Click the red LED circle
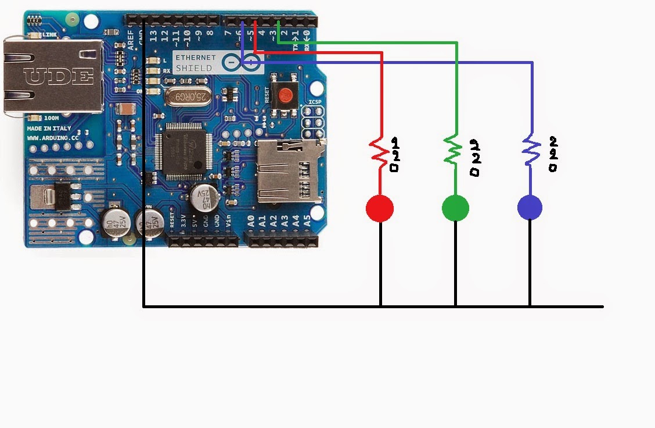click(x=380, y=208)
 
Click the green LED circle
click(x=455, y=208)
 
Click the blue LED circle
click(x=530, y=208)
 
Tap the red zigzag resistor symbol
click(x=380, y=151)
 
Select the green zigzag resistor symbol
click(x=453, y=149)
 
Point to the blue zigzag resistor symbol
click(x=530, y=149)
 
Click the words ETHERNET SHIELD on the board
click(x=196, y=63)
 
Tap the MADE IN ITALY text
click(x=49, y=129)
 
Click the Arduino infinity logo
click(x=243, y=62)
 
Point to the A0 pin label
click(x=251, y=221)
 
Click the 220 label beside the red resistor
click(x=395, y=154)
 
